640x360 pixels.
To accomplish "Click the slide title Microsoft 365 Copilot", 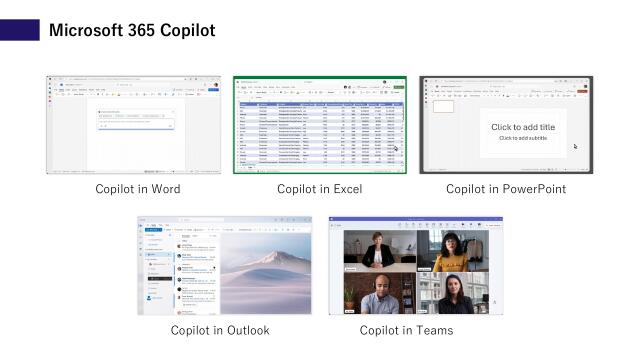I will coord(132,31).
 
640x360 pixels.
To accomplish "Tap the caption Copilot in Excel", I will coord(319,189).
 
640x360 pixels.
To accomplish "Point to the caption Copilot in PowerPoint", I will coord(505,189).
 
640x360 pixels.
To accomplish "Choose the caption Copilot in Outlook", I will coord(220,330).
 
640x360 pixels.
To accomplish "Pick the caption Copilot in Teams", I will coord(406,330).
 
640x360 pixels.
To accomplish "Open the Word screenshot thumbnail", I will coord(133,125).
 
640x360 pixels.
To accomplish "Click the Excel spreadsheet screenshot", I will coord(319,125).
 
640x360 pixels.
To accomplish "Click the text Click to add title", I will coord(522,127).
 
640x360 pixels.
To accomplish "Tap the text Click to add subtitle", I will coord(522,138).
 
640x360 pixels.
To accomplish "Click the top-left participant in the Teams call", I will coord(379,250).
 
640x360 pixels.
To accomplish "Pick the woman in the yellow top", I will coord(451,252).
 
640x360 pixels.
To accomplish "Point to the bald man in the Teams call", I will coord(379,294).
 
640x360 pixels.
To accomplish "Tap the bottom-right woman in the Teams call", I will coord(452,294).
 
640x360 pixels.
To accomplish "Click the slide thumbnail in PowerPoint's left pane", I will coord(444,106).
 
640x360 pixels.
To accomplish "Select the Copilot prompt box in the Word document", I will coord(134,122).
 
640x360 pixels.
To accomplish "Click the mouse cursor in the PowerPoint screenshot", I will coord(575,146).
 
